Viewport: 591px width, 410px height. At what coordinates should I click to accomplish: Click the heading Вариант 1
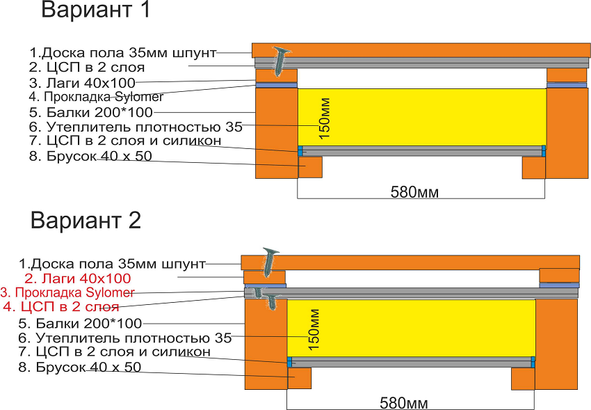(x=95, y=10)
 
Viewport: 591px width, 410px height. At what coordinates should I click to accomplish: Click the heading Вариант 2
(x=86, y=220)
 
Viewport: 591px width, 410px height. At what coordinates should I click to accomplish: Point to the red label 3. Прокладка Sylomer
(x=65, y=292)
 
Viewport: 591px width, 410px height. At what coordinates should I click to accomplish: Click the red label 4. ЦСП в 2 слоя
(x=61, y=306)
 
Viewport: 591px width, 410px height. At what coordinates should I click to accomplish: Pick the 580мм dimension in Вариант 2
(x=404, y=402)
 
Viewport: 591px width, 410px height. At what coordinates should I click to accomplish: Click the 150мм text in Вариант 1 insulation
(x=326, y=118)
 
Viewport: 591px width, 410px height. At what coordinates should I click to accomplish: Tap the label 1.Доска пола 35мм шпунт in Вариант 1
(x=122, y=52)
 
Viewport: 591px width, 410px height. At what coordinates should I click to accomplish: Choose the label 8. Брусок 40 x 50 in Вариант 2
(x=80, y=367)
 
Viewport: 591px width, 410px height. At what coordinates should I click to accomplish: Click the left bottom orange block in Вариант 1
(x=310, y=166)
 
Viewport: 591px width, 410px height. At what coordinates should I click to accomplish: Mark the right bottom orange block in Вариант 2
(x=523, y=378)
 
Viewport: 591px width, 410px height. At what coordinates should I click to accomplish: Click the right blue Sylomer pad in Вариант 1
(x=567, y=85)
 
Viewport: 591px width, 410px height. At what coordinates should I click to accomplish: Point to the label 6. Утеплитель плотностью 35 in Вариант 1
(x=136, y=127)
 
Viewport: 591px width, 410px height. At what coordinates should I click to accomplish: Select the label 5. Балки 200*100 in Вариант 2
(x=80, y=323)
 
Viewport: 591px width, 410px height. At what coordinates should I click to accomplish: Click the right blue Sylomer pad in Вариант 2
(x=559, y=285)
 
